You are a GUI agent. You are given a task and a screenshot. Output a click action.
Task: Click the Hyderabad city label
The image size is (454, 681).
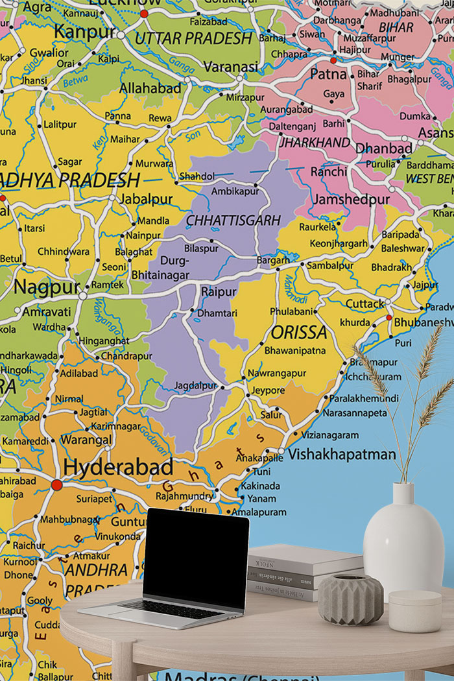click(x=117, y=468)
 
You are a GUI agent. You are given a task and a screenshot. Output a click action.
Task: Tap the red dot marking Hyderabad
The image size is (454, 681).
click(x=57, y=484)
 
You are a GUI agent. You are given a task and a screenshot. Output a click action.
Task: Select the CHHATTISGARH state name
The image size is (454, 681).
click(x=233, y=221)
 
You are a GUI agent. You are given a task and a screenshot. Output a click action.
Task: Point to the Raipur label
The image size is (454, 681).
click(x=219, y=292)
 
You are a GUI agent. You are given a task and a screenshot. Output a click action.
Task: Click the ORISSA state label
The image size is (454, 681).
click(x=299, y=333)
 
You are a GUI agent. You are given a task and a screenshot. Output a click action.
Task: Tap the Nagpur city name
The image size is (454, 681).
click(x=47, y=286)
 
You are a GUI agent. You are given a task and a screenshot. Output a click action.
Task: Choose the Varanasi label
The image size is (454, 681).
click(x=231, y=66)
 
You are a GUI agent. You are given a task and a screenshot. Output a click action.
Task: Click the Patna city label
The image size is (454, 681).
click(x=328, y=73)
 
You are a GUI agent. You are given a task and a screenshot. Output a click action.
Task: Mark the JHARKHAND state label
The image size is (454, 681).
click(x=315, y=142)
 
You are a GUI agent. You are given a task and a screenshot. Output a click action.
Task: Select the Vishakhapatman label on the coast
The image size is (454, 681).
click(x=341, y=454)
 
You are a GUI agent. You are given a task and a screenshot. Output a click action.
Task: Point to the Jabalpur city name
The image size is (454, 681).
click(x=147, y=198)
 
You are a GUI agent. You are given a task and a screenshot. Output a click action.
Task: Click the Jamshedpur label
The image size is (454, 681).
click(x=351, y=199)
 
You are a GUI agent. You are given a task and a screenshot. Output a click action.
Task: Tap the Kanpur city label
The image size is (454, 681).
click(x=84, y=31)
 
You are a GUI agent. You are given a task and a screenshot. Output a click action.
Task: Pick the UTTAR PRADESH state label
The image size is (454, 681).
click(x=193, y=38)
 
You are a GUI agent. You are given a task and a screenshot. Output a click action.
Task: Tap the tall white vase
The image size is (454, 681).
click(x=403, y=542)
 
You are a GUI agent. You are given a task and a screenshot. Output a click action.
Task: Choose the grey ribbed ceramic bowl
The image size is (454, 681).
click(x=350, y=599)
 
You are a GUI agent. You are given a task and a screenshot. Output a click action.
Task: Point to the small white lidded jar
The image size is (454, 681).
click(x=415, y=610)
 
